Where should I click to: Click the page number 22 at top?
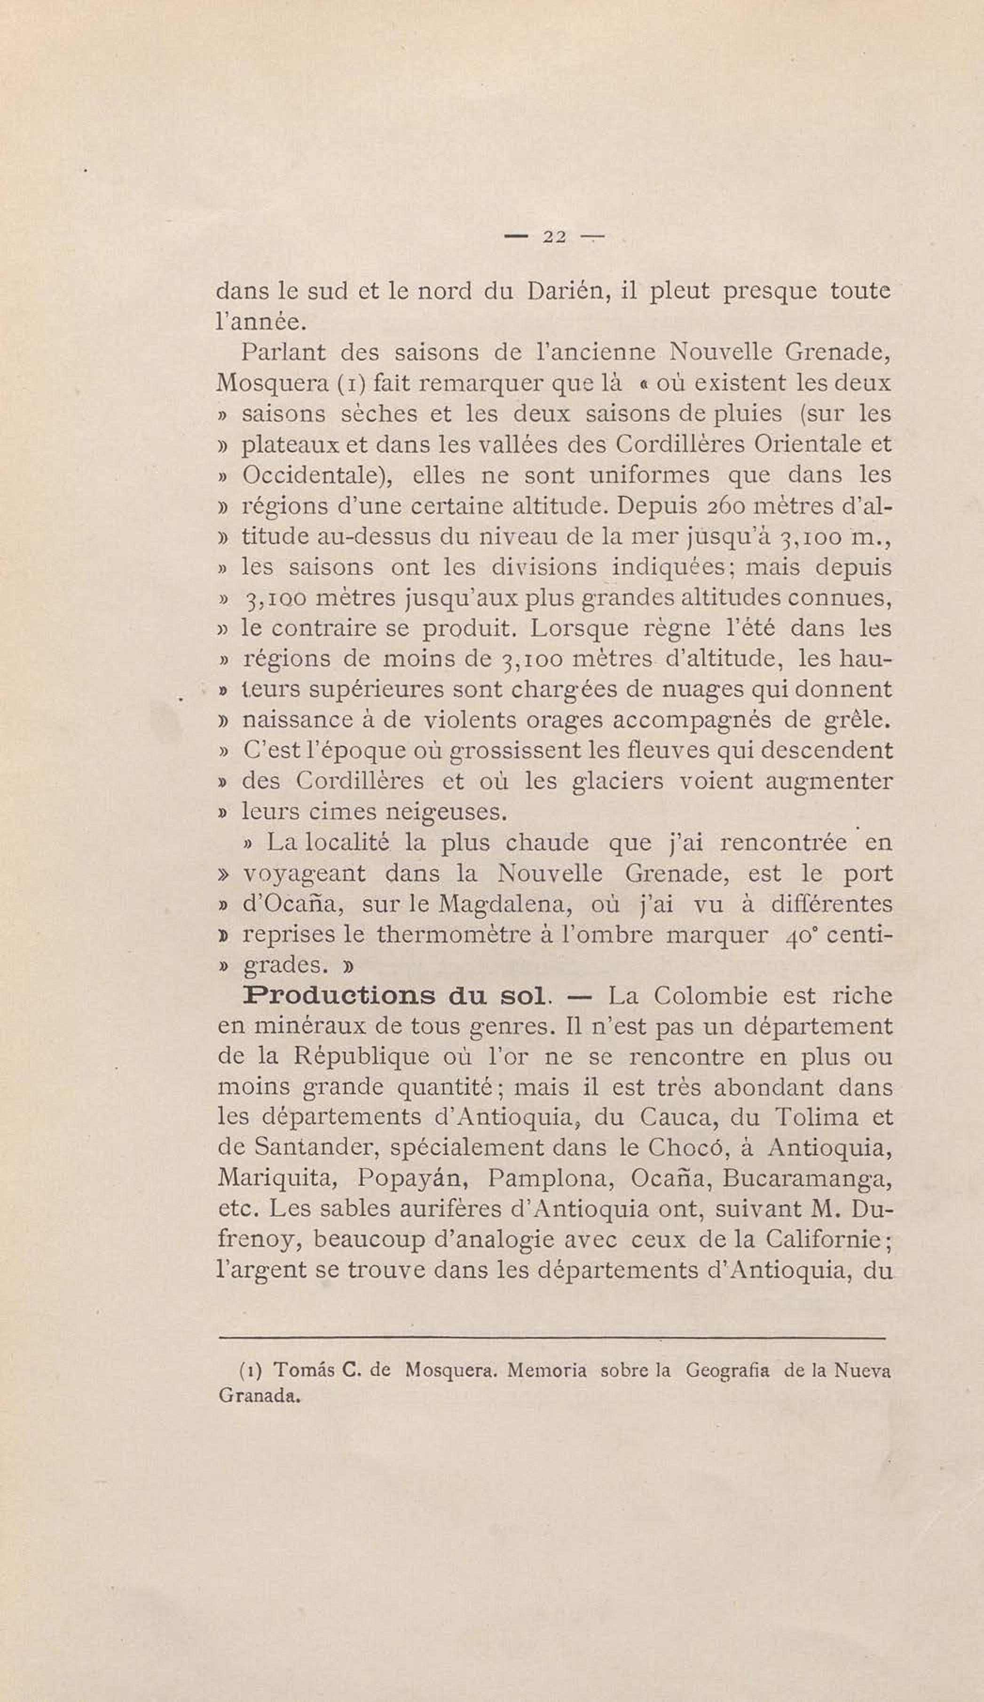pyautogui.click(x=554, y=237)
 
